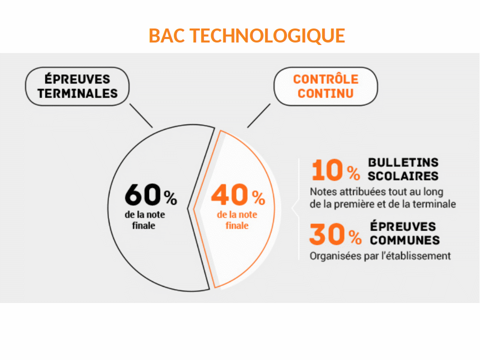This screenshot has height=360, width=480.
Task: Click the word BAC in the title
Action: [x=167, y=35]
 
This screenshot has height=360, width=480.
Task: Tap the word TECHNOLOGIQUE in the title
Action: [x=267, y=36]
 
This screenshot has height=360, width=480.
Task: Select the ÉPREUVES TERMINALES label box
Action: [x=77, y=86]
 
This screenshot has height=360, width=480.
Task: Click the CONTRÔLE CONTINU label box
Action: [x=325, y=86]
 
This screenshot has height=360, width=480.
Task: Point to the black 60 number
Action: [x=142, y=194]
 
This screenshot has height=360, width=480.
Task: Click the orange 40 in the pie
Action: [x=229, y=194]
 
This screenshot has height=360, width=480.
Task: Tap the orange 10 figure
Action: [x=327, y=170]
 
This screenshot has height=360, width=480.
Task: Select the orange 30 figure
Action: [x=327, y=234]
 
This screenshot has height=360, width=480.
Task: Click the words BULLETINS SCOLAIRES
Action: [x=403, y=169]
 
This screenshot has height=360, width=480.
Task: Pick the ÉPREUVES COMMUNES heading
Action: [x=404, y=233]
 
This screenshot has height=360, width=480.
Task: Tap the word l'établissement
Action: [x=416, y=255]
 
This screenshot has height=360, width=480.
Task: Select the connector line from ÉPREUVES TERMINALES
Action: [x=141, y=115]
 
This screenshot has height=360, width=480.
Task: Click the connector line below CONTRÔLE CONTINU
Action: [x=258, y=115]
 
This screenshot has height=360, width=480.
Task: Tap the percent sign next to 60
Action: [x=170, y=198]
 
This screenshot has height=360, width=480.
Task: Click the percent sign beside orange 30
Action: [x=355, y=237]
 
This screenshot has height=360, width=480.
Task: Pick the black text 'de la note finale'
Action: [x=144, y=220]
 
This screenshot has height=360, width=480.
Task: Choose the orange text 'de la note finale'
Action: [x=237, y=220]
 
